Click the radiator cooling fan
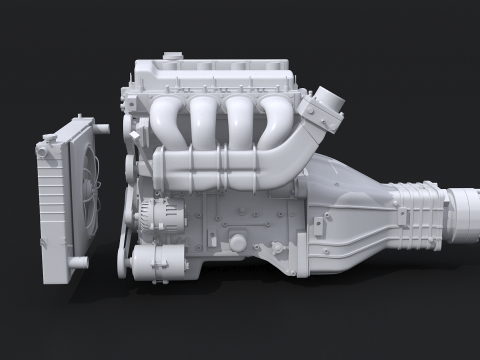88,190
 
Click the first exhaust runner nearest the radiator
167,120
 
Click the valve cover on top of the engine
215,75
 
